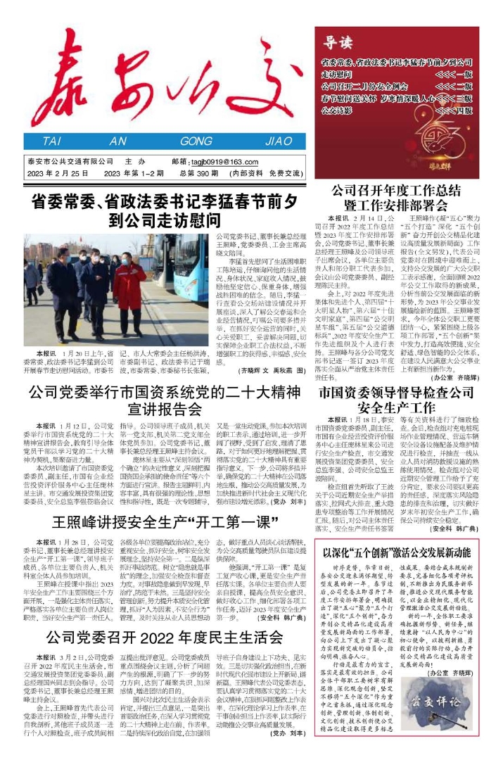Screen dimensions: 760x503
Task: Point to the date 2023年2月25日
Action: click(x=54, y=172)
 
